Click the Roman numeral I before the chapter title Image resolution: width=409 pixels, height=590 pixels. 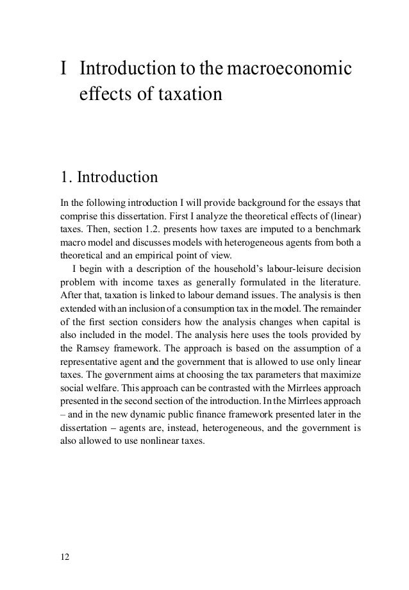(63, 68)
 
